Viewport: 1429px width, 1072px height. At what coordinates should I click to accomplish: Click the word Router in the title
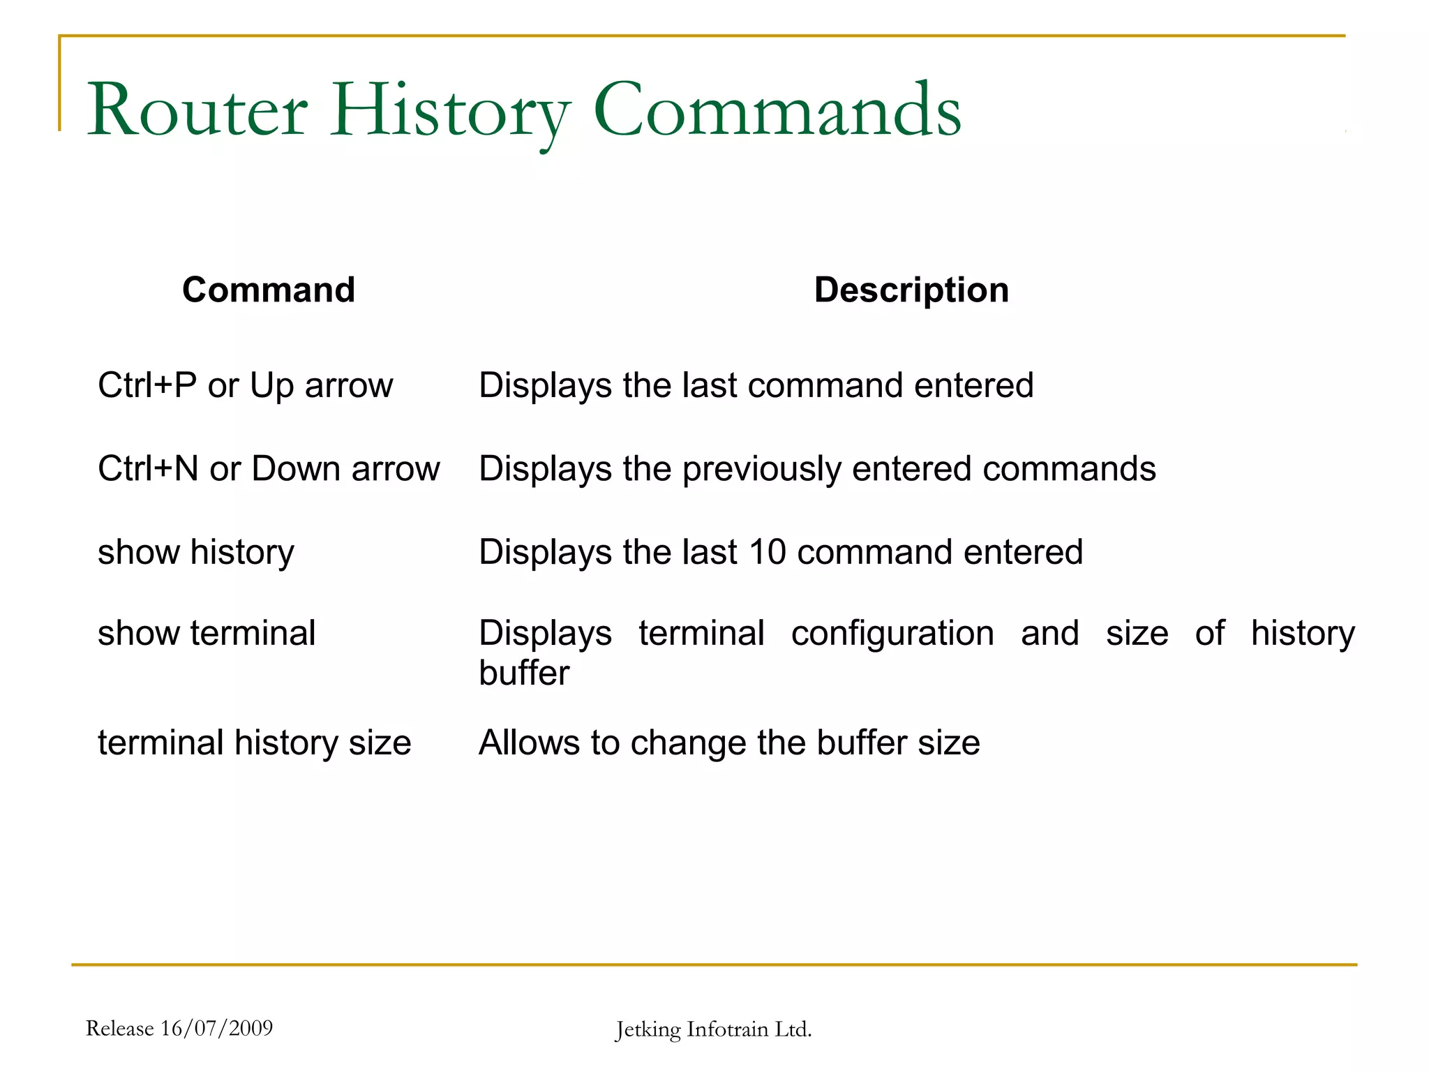tap(197, 110)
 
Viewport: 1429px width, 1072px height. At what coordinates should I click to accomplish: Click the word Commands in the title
tap(777, 110)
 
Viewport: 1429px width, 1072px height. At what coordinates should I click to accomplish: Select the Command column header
tap(269, 290)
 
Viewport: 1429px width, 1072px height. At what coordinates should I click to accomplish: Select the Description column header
tap(911, 290)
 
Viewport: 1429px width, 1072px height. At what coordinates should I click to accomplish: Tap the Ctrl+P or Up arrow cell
tap(245, 385)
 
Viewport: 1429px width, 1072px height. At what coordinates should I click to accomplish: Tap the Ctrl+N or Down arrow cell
tap(269, 468)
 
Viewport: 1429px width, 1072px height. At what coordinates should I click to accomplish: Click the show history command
tap(196, 552)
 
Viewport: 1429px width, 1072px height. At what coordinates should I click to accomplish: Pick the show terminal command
tap(207, 633)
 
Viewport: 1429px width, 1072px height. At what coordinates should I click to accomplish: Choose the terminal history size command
tap(254, 743)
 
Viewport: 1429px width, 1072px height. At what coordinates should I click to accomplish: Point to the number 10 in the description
tap(767, 552)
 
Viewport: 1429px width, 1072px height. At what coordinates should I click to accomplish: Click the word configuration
tap(892, 634)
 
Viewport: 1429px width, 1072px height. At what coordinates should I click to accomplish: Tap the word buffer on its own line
tap(524, 673)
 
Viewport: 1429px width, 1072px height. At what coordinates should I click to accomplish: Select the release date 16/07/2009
tap(216, 1028)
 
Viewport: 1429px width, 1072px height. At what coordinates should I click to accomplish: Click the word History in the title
tap(450, 110)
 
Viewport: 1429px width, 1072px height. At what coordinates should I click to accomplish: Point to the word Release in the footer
tap(119, 1028)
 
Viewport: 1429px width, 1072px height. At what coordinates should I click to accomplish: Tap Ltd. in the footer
tap(793, 1029)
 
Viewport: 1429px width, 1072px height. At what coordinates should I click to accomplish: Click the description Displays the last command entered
tap(756, 385)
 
